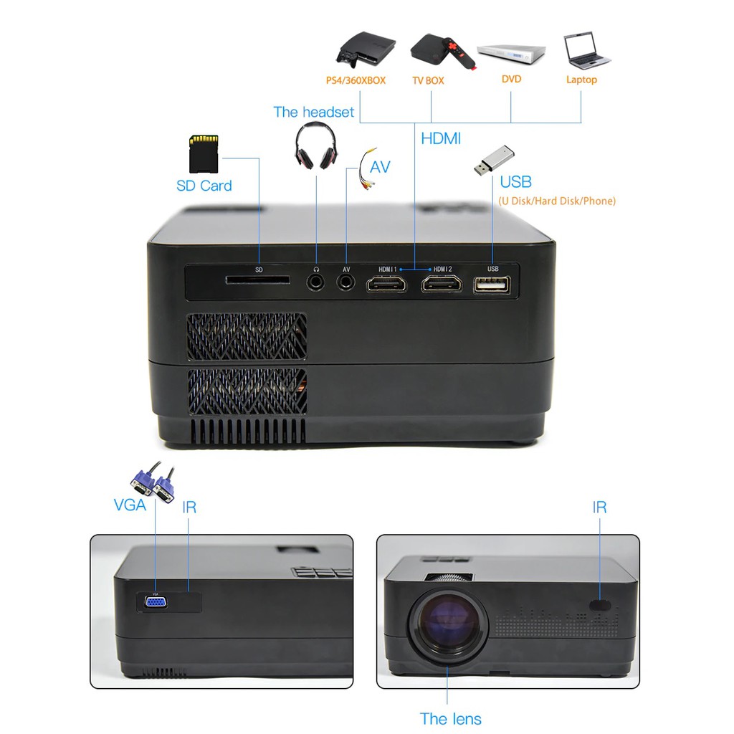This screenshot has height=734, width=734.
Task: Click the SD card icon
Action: [204, 153]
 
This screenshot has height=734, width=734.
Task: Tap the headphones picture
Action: [315, 146]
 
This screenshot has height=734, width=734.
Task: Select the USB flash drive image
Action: [494, 161]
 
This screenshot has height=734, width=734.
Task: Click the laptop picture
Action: [586, 51]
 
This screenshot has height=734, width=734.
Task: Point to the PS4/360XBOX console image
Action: [365, 48]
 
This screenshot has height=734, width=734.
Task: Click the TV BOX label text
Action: [428, 80]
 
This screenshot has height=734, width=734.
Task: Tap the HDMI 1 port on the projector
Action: [386, 284]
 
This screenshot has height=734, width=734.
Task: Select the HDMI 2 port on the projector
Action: [442, 284]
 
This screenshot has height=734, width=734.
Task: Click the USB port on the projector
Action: [492, 285]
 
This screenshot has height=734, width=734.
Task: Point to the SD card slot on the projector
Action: [258, 280]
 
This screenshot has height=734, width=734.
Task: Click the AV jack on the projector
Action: [346, 282]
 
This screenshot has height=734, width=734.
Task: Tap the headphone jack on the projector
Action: [316, 282]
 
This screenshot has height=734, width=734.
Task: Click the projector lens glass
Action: [447, 623]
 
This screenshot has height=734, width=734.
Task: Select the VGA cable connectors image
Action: [153, 481]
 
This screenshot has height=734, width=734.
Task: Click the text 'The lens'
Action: [450, 719]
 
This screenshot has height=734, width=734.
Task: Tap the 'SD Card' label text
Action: [204, 186]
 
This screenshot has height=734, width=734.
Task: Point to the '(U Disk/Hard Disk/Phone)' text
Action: [556, 201]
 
